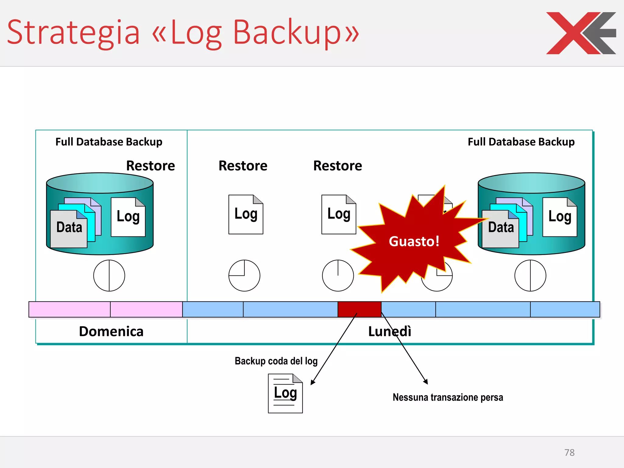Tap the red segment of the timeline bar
[x=359, y=309]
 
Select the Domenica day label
[x=111, y=331]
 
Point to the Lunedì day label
[x=390, y=331]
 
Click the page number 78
[x=569, y=452]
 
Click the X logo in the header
[x=580, y=33]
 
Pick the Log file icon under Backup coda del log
[x=285, y=393]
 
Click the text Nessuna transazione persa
[x=448, y=397]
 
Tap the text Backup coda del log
[x=276, y=361]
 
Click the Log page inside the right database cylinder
[x=560, y=217]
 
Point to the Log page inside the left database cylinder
[x=128, y=217]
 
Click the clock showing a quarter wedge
[x=244, y=275]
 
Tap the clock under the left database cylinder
[x=109, y=275]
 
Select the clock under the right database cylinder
[x=530, y=275]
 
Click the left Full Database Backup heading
[x=109, y=142]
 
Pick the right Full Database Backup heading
[x=521, y=142]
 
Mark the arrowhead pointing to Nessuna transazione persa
[x=426, y=382]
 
